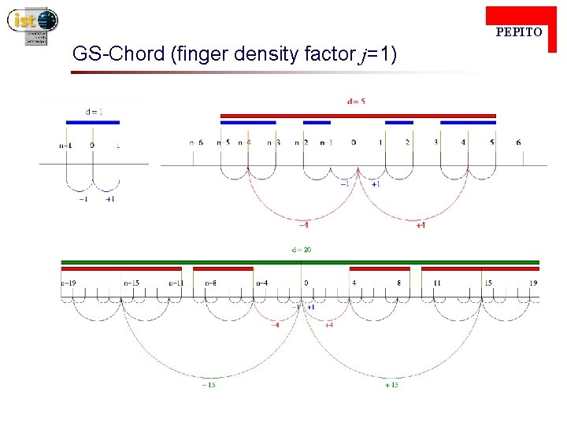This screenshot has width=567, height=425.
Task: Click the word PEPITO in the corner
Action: click(518, 32)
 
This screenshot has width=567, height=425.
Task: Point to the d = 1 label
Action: click(94, 111)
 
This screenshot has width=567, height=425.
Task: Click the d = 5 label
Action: click(356, 101)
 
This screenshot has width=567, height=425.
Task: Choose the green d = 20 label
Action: click(302, 249)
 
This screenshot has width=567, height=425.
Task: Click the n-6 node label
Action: click(196, 142)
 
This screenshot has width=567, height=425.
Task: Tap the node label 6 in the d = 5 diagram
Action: click(518, 142)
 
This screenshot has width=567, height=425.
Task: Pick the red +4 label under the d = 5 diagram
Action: click(421, 225)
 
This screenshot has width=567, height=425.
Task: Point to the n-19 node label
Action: click(69, 283)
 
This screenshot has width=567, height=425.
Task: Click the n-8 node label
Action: click(211, 283)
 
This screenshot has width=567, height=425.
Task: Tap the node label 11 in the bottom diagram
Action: click(436, 283)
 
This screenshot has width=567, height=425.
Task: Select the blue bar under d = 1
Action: click(93, 122)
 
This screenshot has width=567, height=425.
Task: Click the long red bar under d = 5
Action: click(358, 116)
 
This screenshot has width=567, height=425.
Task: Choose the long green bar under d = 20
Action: click(300, 262)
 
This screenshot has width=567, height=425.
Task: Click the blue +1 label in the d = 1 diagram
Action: click(109, 199)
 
